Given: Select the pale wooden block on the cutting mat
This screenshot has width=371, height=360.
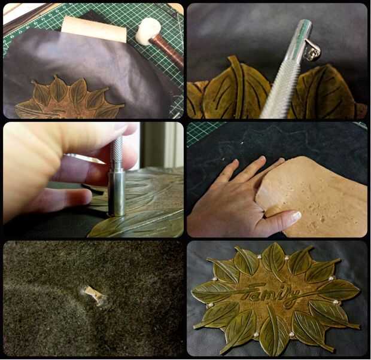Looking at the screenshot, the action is (x=94, y=29).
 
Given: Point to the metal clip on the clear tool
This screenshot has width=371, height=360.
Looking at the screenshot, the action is (x=313, y=50).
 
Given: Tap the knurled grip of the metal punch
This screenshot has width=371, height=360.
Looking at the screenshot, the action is (x=117, y=154).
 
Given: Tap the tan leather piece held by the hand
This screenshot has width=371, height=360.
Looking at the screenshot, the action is (x=312, y=196).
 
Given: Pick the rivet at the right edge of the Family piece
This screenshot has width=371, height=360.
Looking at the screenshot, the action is (x=336, y=302).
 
